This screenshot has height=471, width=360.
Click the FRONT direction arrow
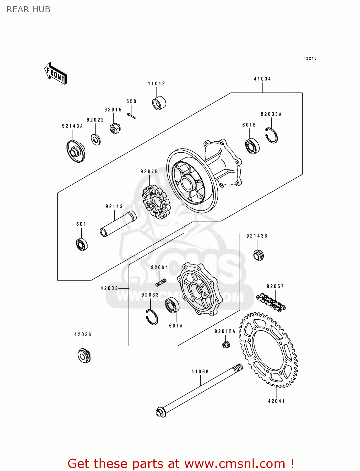56,73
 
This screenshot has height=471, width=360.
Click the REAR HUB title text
29,10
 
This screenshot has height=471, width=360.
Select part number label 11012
156,84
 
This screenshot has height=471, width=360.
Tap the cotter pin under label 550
132,116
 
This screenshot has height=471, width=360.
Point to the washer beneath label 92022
96,139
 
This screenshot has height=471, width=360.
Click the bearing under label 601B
252,146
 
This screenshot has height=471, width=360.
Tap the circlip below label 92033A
271,135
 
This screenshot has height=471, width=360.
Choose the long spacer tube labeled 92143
118,224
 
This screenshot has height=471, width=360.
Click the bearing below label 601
82,244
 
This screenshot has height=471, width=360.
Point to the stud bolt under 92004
161,283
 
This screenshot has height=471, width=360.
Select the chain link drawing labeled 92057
270,302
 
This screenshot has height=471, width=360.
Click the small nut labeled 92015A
226,344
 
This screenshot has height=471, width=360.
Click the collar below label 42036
84,355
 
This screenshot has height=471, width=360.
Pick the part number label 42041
276,401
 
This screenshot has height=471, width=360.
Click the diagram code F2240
310,58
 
